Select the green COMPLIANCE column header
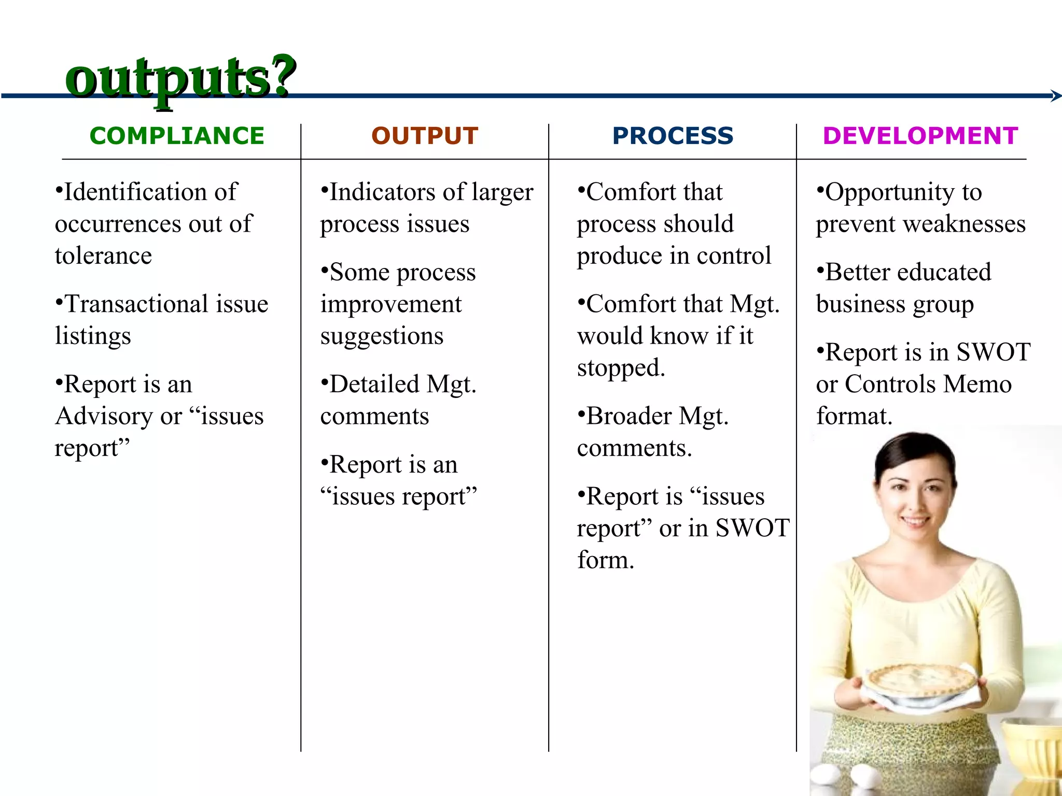tap(177, 136)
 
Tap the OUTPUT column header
tap(425, 136)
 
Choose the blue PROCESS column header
tap(673, 136)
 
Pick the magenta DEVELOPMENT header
tap(920, 136)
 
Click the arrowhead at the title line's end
tap(1056, 96)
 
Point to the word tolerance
tap(103, 255)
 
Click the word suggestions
tap(382, 336)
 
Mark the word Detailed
tap(374, 384)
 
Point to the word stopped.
tap(620, 368)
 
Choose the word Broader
tap(628, 416)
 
